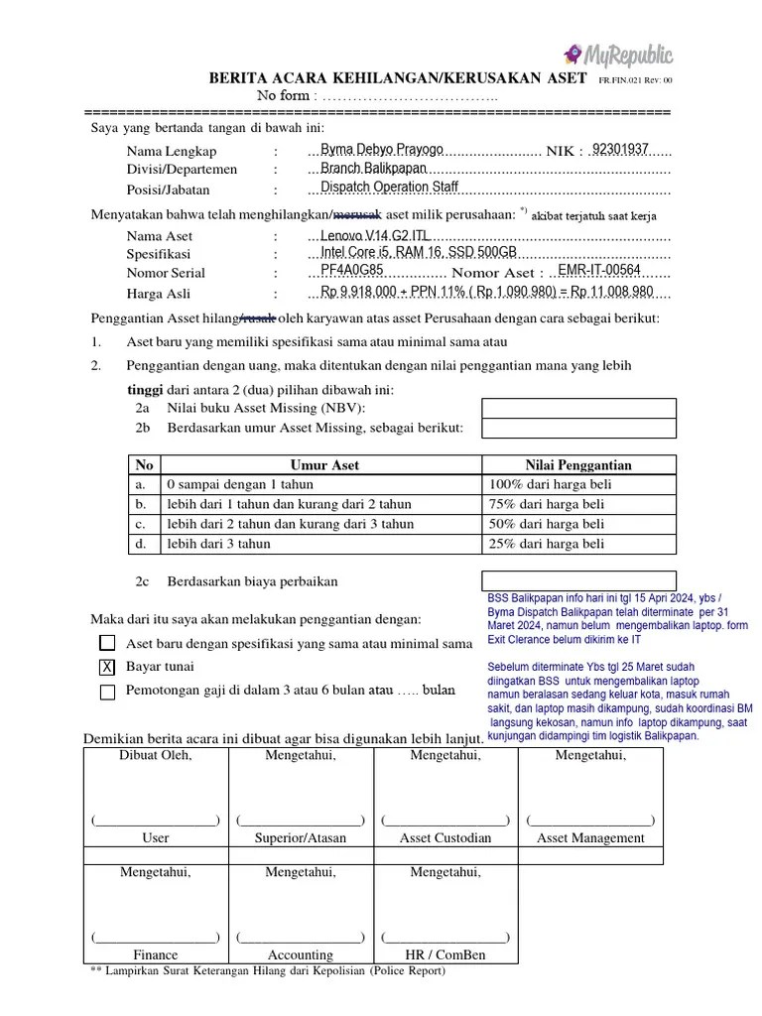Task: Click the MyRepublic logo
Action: (617, 54)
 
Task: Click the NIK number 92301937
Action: (620, 150)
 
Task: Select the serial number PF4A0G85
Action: (352, 271)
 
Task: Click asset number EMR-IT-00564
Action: (600, 271)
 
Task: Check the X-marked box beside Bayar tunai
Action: (107, 667)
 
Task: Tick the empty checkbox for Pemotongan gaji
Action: (107, 692)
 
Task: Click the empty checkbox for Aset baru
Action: (107, 643)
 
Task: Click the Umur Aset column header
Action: (324, 464)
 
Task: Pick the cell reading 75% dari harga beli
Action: (547, 504)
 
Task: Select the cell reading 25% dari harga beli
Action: (547, 544)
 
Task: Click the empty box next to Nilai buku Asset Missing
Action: (578, 408)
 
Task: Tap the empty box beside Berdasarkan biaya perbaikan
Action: (578, 580)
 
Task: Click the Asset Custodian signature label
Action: (445, 837)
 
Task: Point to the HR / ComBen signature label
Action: (445, 954)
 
